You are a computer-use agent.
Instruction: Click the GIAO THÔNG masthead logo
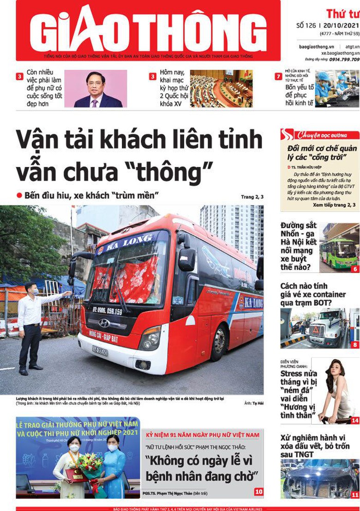tap(148, 30)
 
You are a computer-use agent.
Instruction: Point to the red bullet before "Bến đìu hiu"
tap(19, 195)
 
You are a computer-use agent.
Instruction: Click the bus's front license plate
tap(100, 351)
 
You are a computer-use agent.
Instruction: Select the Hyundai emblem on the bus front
tap(104, 323)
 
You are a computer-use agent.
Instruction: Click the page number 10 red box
tap(259, 492)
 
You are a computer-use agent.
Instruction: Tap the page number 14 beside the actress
tap(354, 420)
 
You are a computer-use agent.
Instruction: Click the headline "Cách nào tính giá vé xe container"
tap(313, 294)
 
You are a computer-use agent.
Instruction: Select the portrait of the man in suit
tap(96, 89)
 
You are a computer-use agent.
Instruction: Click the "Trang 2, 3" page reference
tap(252, 197)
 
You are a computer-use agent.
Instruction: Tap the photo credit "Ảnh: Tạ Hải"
tap(254, 403)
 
